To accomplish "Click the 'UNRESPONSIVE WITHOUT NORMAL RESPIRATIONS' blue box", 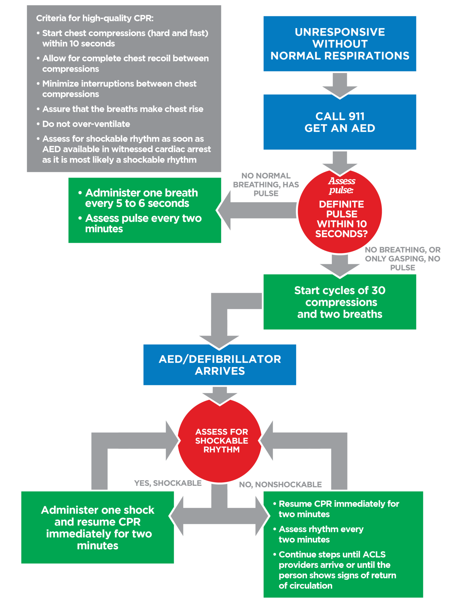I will [340, 44].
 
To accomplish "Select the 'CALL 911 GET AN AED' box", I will [340, 122].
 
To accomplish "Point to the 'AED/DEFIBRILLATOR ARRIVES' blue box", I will [220, 365].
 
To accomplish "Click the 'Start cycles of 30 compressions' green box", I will [340, 302].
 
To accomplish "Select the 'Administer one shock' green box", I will [98, 528].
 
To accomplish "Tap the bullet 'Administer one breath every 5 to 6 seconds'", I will [141, 198].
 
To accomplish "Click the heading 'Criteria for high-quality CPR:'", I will [95, 18].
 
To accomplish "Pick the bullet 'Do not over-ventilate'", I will [86, 124].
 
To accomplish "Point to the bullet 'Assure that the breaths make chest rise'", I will [122, 109].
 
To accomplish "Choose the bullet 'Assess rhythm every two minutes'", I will [321, 534].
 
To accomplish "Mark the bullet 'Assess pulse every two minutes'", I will [143, 223].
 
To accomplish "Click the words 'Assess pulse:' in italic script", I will [342, 185].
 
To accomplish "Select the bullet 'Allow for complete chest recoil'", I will [125, 63].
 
